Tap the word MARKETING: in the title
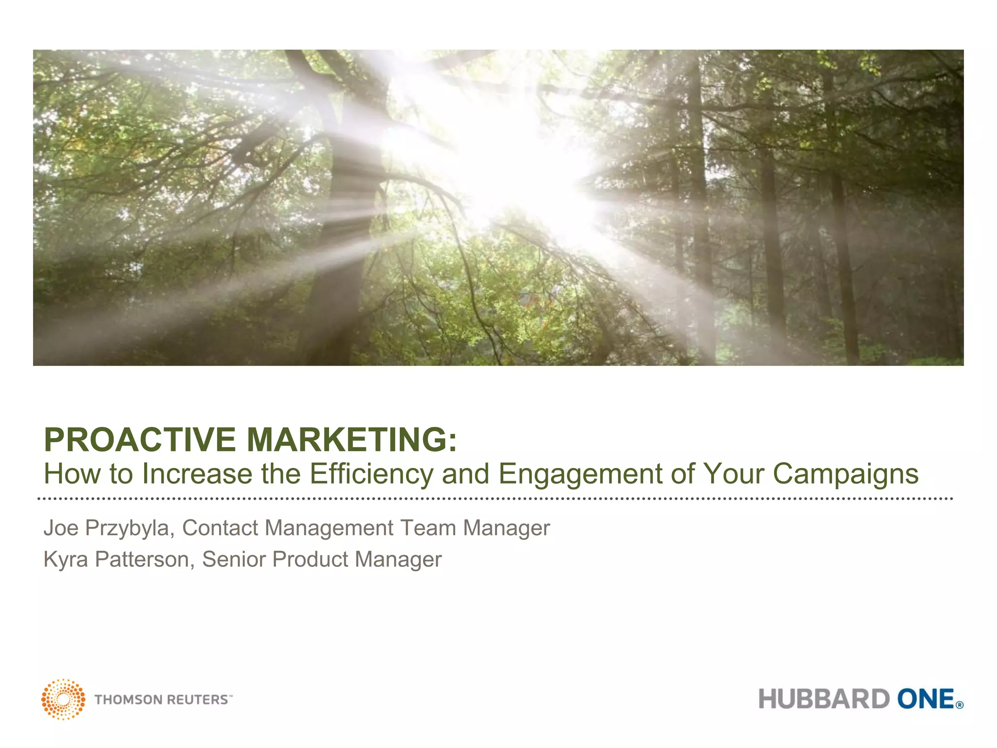click(x=352, y=440)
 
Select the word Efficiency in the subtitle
click(x=371, y=474)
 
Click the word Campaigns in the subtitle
click(x=846, y=474)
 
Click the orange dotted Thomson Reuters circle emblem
click(x=63, y=699)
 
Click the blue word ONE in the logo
click(x=925, y=699)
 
